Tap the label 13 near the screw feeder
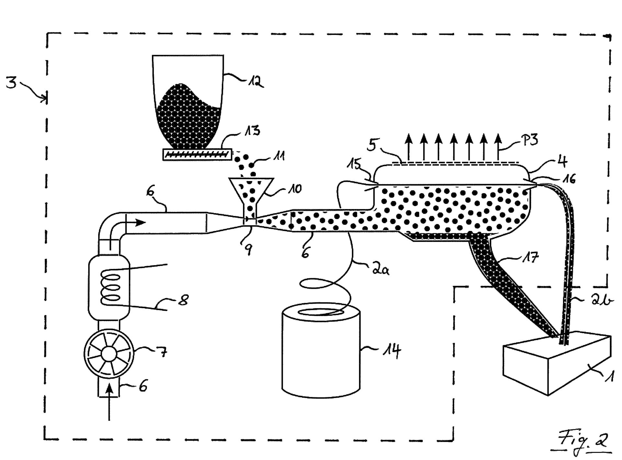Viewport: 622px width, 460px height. pyautogui.click(x=252, y=131)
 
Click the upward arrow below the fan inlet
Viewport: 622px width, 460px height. pyautogui.click(x=109, y=401)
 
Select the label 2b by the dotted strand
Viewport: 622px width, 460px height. pyautogui.click(x=602, y=301)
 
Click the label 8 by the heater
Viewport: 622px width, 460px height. pyautogui.click(x=183, y=300)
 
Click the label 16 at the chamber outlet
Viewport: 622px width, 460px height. pyautogui.click(x=568, y=179)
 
